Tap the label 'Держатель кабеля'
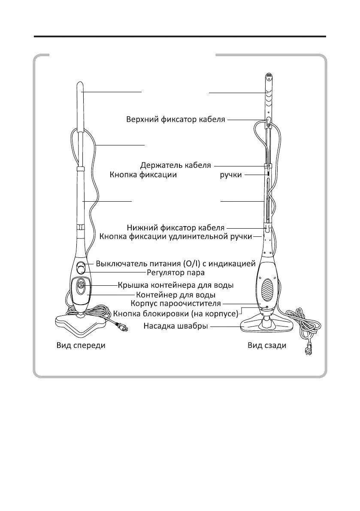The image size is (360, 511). coord(176,165)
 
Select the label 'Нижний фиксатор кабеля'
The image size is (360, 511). coord(176,227)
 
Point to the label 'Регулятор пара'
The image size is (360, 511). coord(175,272)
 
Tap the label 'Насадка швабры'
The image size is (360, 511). coord(175,327)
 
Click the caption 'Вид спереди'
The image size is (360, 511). coord(81,346)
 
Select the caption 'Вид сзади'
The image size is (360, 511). coord(266,346)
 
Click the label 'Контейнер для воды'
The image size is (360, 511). coord(175,295)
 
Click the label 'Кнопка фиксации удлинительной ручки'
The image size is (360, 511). coord(175,236)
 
